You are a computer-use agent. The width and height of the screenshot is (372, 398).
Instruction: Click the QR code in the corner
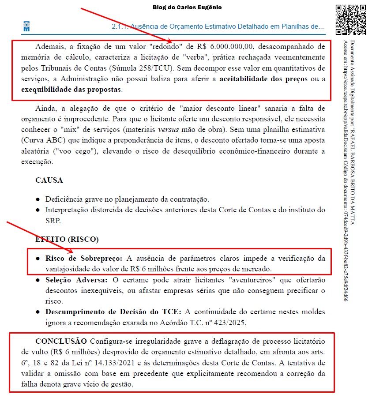(x=351, y=20)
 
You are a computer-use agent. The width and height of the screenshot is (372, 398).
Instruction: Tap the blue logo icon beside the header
(x=26, y=26)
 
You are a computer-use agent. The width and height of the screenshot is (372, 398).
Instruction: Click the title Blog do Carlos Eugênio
(x=188, y=8)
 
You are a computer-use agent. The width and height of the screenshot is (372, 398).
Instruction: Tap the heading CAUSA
(x=49, y=180)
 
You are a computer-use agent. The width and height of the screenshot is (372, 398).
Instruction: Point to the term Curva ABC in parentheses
(x=41, y=141)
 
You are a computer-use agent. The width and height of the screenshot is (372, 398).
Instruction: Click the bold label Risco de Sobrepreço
(x=84, y=258)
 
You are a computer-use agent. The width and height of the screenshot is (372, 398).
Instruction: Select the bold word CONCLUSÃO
(x=61, y=342)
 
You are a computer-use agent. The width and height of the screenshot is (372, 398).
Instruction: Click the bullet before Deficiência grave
(x=38, y=199)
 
